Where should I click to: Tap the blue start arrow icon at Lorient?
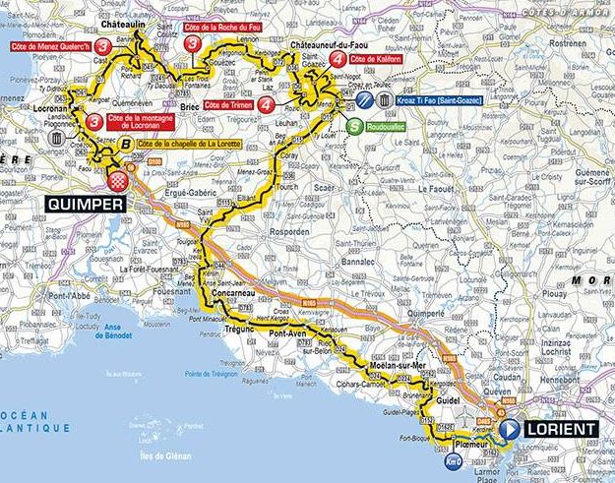coord(510,430)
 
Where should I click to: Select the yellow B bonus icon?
coord(126,144)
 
